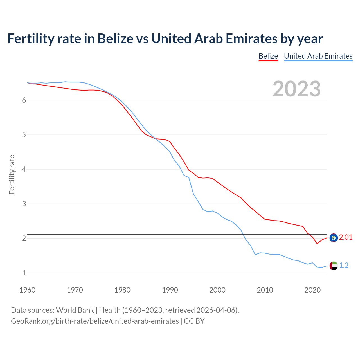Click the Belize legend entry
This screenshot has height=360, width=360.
pyautogui.click(x=268, y=56)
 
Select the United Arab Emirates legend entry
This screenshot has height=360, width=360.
pyautogui.click(x=318, y=56)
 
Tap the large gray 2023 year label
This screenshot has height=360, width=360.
pyautogui.click(x=296, y=89)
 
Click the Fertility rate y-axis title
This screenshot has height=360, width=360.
pyautogui.click(x=12, y=174)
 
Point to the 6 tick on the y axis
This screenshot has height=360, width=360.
pyautogui.click(x=24, y=100)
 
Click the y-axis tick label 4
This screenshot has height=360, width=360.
pyautogui.click(x=24, y=169)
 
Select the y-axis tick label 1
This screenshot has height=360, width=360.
pyautogui.click(x=24, y=273)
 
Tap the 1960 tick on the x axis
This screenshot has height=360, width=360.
pyautogui.click(x=27, y=290)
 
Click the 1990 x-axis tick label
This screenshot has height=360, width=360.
pyautogui.click(x=170, y=290)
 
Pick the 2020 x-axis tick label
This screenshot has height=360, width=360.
pyautogui.click(x=312, y=290)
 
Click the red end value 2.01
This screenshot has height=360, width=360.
pyautogui.click(x=346, y=237)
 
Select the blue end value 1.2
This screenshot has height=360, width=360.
pyautogui.click(x=344, y=265)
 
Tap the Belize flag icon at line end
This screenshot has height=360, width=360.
pyautogui.click(x=334, y=238)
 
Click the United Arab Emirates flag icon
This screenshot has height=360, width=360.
pyautogui.click(x=334, y=265)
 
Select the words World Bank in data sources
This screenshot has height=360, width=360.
pyautogui.click(x=75, y=310)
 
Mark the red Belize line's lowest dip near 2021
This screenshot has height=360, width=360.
pyautogui.click(x=317, y=244)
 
